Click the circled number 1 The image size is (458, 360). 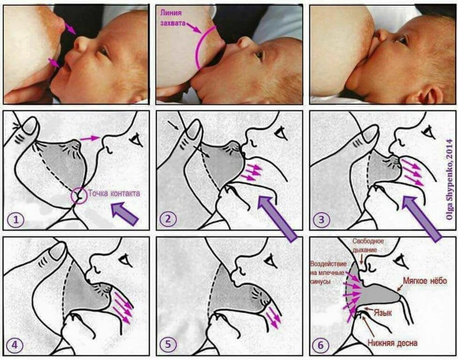[x=16, y=219]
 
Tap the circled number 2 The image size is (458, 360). [x=168, y=219]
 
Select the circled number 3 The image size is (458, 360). [x=321, y=219]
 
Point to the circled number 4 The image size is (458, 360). [x=15, y=345]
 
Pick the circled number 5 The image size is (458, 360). [x=168, y=344]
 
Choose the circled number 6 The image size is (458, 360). [x=320, y=345]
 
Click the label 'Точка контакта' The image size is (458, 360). [x=114, y=193]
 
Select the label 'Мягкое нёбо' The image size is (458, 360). [x=425, y=281]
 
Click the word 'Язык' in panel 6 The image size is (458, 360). [x=383, y=313]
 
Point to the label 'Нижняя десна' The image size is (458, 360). [x=392, y=343]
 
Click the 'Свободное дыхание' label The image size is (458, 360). [x=368, y=245]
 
